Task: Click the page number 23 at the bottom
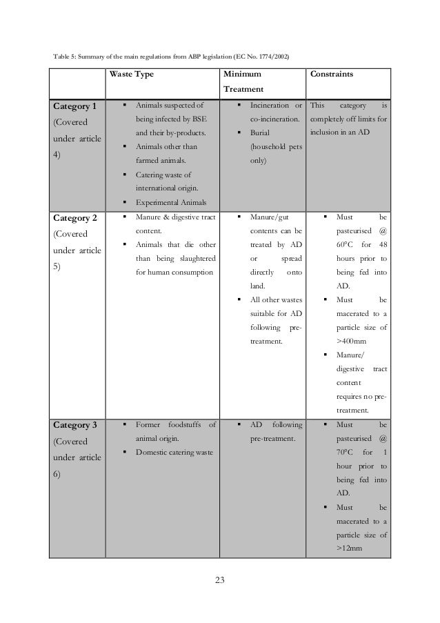219,578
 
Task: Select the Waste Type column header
134,72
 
